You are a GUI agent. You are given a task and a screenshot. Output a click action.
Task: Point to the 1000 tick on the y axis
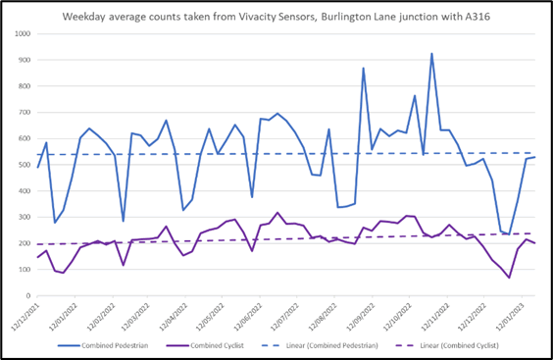click(x=20, y=34)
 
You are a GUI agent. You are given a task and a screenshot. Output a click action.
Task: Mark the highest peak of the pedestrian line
click(x=431, y=54)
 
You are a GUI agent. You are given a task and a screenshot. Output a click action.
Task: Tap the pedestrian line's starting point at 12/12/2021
click(x=38, y=167)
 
